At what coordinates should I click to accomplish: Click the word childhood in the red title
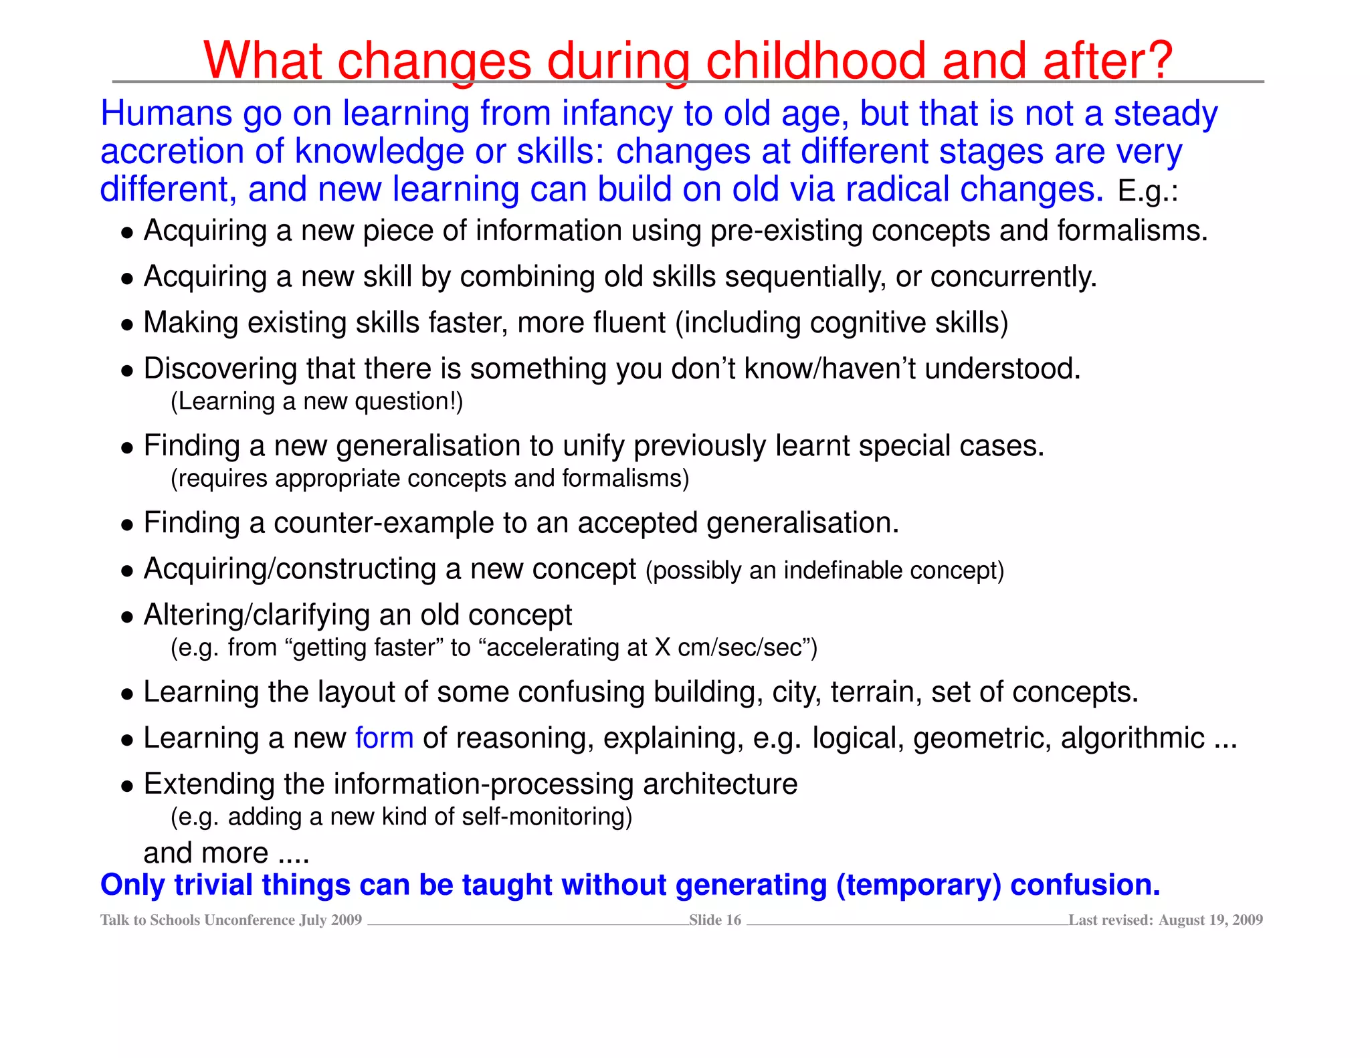pyautogui.click(x=815, y=62)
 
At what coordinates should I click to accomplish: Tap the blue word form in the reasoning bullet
pyautogui.click(x=384, y=738)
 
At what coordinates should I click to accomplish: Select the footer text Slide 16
pyautogui.click(x=714, y=920)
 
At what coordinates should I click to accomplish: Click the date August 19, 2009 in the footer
pyautogui.click(x=1210, y=920)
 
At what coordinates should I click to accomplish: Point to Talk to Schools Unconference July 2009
pyautogui.click(x=231, y=920)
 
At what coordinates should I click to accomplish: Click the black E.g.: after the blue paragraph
pyautogui.click(x=1147, y=192)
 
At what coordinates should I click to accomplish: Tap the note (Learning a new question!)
pyautogui.click(x=316, y=402)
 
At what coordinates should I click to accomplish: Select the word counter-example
pyautogui.click(x=388, y=523)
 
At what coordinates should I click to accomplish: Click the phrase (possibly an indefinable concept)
pyautogui.click(x=825, y=570)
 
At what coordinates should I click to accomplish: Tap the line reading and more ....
pyautogui.click(x=225, y=853)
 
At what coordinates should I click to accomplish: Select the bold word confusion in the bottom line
pyautogui.click(x=1084, y=885)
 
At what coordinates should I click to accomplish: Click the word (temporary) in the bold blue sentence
pyautogui.click(x=918, y=885)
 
